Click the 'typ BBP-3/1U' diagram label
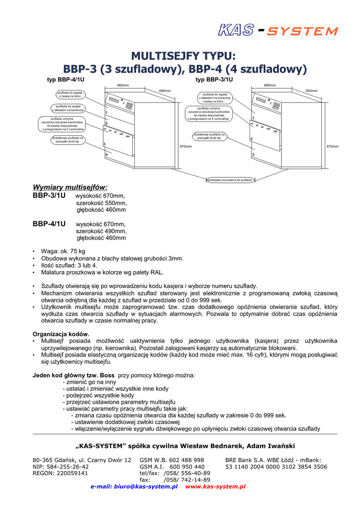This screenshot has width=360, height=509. pos(214,80)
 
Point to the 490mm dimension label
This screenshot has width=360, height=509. pos(165,90)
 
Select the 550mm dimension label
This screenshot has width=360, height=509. pos(312,91)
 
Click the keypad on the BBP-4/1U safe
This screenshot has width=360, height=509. pos(129,106)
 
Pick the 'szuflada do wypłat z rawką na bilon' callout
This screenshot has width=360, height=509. pos(70,94)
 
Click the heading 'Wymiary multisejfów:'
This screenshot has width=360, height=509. pos(70,187)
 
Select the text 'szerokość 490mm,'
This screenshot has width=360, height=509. pos(101,231)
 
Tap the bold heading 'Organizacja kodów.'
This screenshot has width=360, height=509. pos(61,334)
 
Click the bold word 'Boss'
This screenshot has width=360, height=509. pos(107,374)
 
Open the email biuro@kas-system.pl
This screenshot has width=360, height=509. pos(134,487)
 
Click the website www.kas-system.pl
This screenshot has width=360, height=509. pos(215,487)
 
